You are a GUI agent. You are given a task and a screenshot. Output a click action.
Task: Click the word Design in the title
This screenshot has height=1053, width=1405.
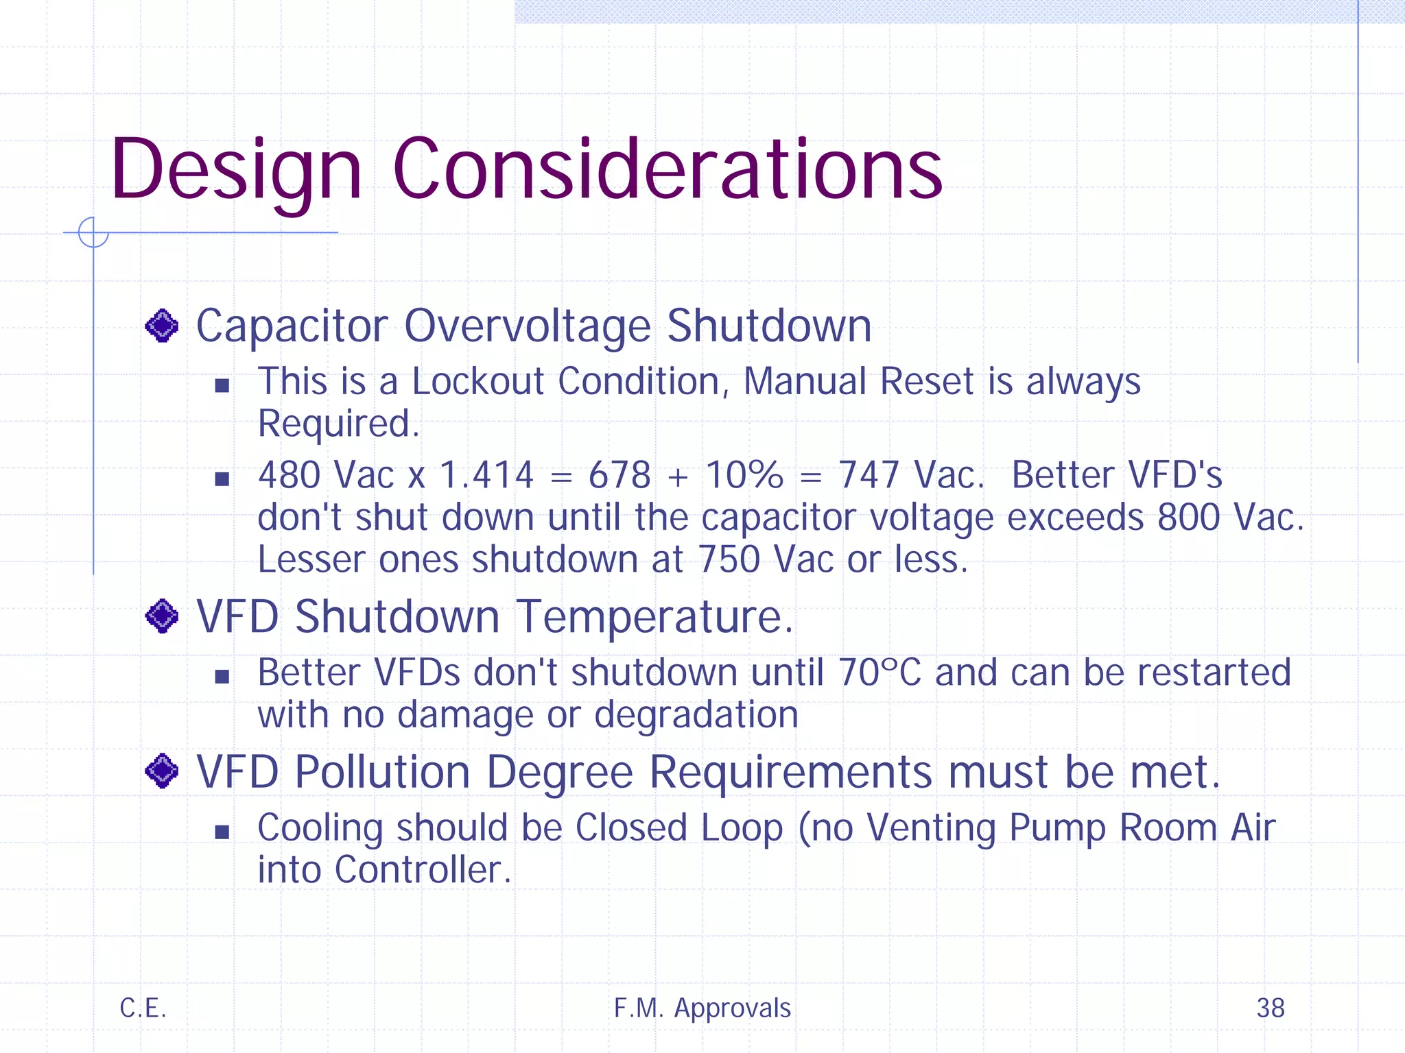point(236,170)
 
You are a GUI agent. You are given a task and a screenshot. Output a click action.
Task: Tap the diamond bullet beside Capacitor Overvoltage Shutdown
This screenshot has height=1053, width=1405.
point(162,326)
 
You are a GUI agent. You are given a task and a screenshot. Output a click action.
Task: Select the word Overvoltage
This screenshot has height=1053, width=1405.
point(527,326)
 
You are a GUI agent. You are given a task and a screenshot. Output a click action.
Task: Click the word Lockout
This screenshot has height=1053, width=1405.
point(477,381)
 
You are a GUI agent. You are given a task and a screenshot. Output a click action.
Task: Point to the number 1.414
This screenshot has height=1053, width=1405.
point(486,475)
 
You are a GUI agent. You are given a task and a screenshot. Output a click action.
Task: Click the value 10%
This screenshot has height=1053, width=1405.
point(744,475)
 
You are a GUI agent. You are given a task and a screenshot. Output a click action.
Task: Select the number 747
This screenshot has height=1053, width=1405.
point(869,475)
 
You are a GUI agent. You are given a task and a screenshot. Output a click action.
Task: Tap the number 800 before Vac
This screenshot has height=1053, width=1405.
point(1188,518)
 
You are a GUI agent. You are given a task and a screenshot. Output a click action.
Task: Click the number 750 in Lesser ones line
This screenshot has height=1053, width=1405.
point(729,559)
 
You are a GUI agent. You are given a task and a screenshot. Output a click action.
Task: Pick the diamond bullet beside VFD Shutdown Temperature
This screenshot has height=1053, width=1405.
point(162,616)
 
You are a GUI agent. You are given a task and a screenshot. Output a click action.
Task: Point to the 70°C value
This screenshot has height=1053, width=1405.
point(879,673)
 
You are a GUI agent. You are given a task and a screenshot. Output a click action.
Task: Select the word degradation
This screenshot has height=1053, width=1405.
point(696,715)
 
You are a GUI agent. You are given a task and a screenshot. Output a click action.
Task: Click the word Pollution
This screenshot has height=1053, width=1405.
point(382,772)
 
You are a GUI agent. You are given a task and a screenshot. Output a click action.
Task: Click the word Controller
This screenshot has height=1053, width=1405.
point(423,870)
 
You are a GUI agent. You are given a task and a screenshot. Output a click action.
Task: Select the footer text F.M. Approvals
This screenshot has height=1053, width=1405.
point(702,1008)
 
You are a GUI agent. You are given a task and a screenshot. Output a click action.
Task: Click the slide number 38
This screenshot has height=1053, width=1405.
point(1270,1008)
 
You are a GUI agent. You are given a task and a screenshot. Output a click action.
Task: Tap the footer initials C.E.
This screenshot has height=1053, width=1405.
point(143,1008)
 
